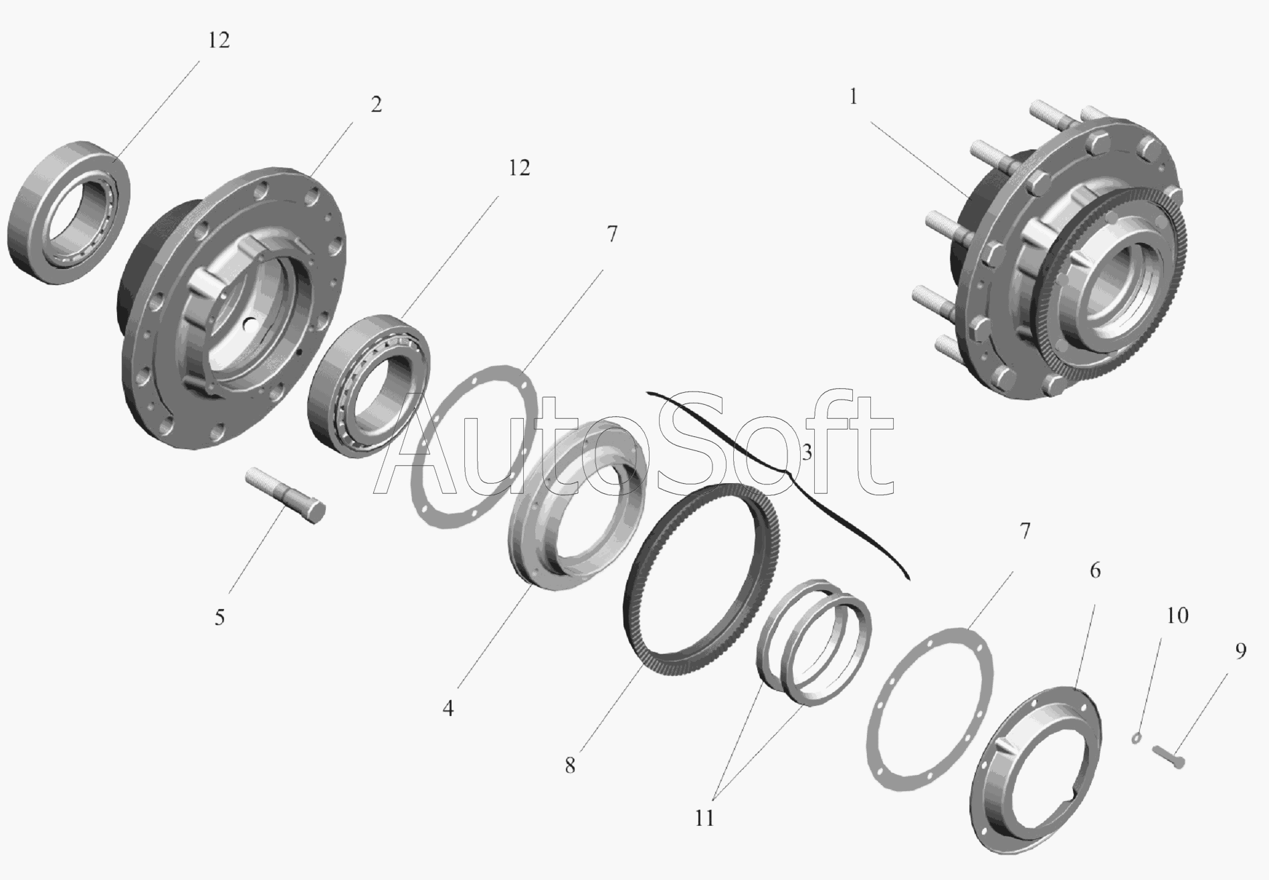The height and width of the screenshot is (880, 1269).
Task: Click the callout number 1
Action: coord(853,98)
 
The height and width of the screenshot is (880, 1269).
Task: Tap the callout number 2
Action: coord(376,104)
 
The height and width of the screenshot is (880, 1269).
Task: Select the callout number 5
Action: coord(219,617)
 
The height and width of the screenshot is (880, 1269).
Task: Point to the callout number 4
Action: coord(448,708)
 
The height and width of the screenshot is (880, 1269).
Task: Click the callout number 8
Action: coord(569,766)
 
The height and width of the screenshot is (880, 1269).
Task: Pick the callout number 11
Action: coord(704,818)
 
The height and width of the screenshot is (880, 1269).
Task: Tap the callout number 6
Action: coord(1095,571)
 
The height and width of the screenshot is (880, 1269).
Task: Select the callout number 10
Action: coord(1177,615)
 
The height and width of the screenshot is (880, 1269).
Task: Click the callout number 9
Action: coord(1240,651)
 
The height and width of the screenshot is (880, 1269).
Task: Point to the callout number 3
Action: coord(807,452)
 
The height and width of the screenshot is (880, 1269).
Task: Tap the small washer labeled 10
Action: coord(1137,738)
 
